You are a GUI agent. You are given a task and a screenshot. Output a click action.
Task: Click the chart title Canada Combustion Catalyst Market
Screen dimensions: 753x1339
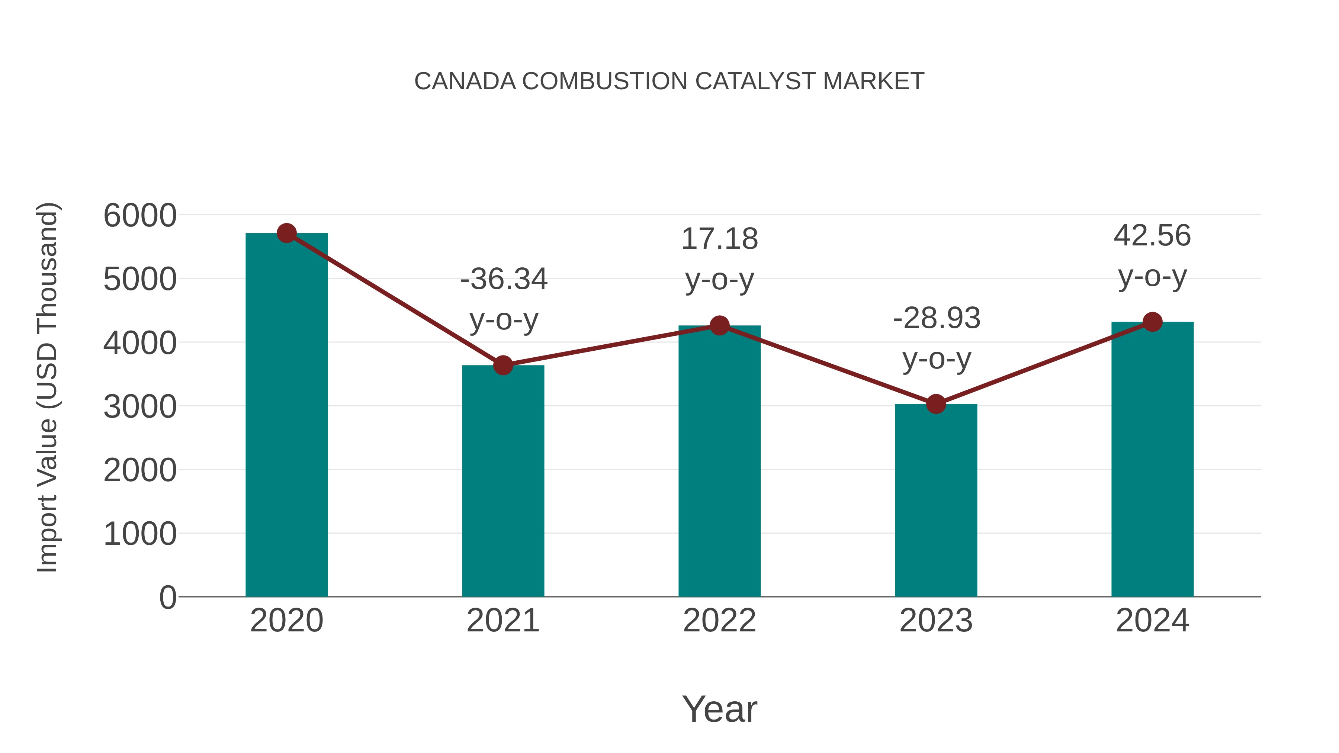click(x=669, y=81)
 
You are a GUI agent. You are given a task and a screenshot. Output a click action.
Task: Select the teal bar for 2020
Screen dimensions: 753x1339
click(x=286, y=416)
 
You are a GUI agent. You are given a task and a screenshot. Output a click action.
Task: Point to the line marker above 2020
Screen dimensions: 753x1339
click(x=286, y=233)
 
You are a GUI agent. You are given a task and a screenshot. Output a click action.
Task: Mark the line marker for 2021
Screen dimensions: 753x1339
click(x=502, y=365)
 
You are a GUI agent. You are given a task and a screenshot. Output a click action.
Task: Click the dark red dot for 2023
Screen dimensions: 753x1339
click(x=936, y=404)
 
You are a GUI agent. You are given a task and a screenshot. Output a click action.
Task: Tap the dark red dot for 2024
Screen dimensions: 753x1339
click(x=1152, y=322)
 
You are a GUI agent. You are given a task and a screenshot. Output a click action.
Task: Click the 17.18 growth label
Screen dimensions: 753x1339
click(x=719, y=239)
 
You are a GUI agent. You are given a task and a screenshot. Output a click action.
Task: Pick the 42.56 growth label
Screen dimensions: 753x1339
click(x=1152, y=235)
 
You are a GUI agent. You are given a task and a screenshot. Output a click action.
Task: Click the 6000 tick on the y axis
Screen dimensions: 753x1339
click(x=140, y=215)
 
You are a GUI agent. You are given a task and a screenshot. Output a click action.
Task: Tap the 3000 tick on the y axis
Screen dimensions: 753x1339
click(x=140, y=406)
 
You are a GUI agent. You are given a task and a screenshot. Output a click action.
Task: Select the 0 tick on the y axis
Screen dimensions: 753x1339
click(x=167, y=597)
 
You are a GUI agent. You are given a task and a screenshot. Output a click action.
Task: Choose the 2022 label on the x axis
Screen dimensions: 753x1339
click(x=719, y=621)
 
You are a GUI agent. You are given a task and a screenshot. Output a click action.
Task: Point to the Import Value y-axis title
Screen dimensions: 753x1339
click(x=47, y=387)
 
